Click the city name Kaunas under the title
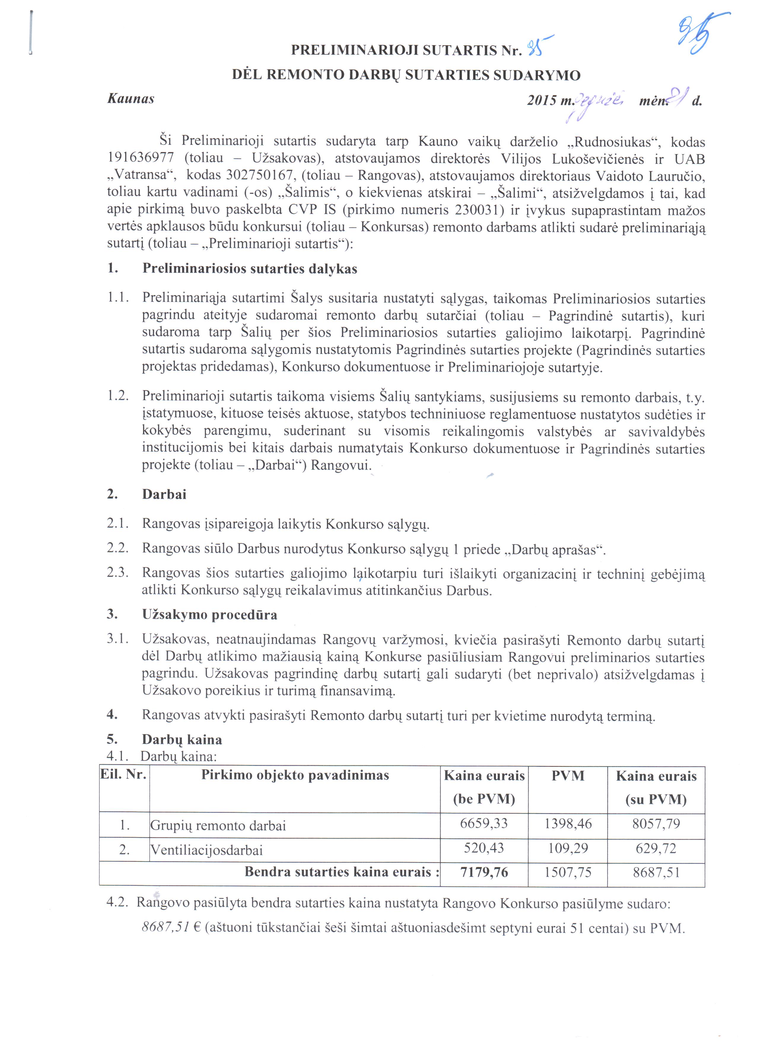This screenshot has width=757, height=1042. click(131, 99)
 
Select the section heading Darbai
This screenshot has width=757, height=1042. click(164, 495)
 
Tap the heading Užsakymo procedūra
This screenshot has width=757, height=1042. click(210, 615)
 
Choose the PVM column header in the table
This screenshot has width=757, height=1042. click(568, 776)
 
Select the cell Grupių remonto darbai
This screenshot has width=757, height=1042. click(219, 826)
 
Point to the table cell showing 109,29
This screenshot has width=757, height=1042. click(568, 848)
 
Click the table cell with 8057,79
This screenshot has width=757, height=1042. click(656, 824)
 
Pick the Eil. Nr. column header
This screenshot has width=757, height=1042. click(123, 775)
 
